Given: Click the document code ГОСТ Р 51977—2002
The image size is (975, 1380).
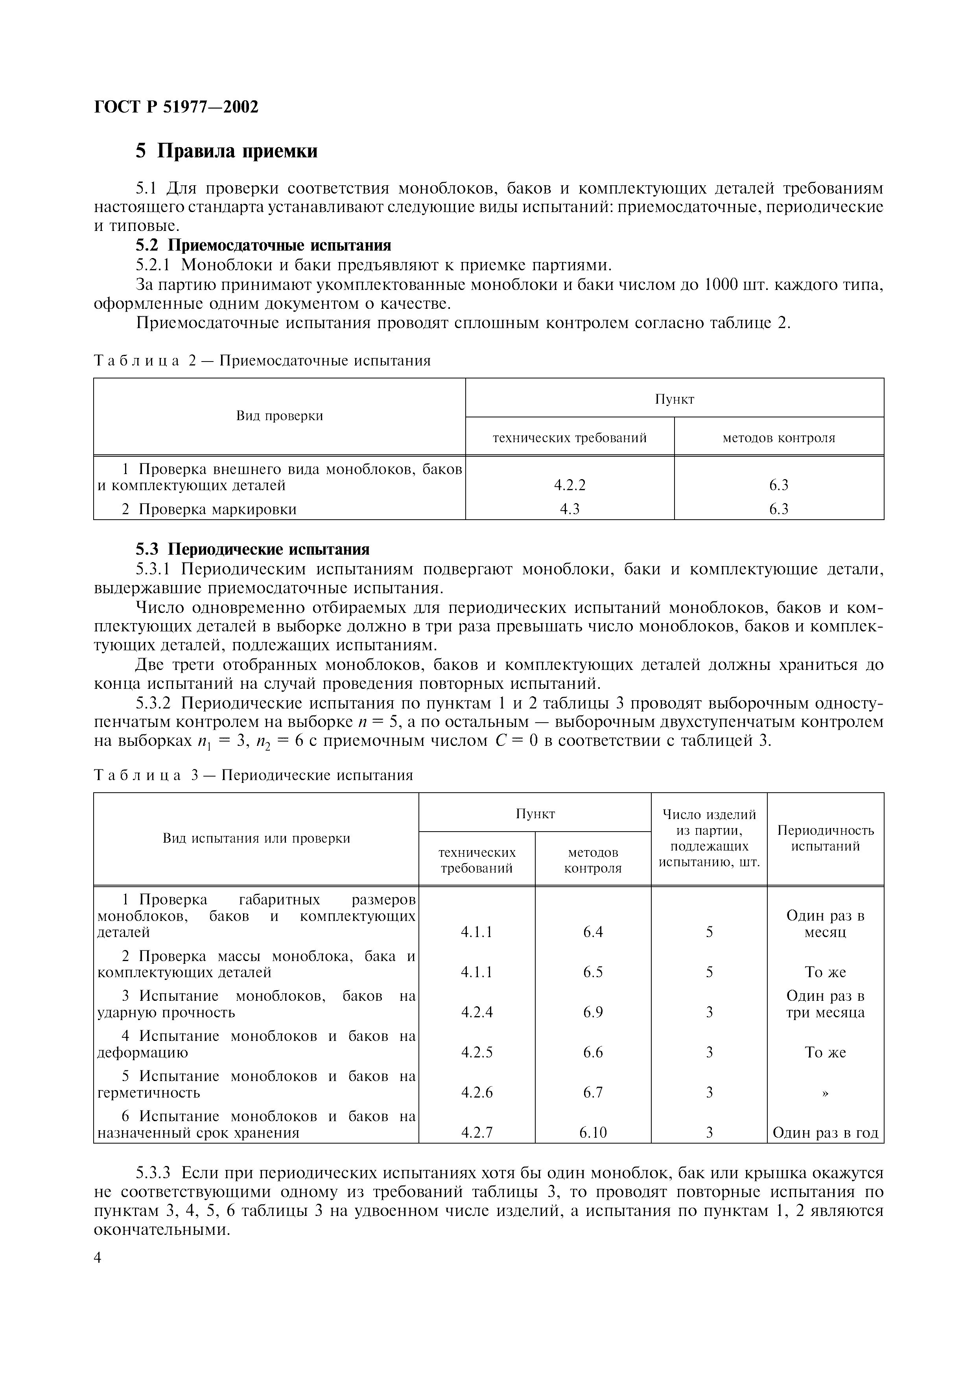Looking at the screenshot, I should pyautogui.click(x=176, y=107).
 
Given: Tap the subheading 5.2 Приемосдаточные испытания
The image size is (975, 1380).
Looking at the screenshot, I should pyautogui.click(x=263, y=245).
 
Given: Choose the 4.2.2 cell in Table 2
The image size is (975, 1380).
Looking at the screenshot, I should pyautogui.click(x=570, y=485).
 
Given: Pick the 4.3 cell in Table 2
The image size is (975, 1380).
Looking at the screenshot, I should pyautogui.click(x=570, y=509).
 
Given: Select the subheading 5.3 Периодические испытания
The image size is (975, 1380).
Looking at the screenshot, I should pyautogui.click(x=253, y=549).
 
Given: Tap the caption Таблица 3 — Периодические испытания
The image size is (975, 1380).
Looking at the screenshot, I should pyautogui.click(x=254, y=775).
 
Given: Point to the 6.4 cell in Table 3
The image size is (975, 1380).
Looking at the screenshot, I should pyautogui.click(x=593, y=932).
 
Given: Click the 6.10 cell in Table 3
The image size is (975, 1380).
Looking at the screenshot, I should pyautogui.click(x=593, y=1133).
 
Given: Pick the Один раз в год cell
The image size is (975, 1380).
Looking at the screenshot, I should pyautogui.click(x=826, y=1133).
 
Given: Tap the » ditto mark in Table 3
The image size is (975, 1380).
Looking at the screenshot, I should pyautogui.click(x=826, y=1093).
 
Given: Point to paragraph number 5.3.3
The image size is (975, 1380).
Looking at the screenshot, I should pyautogui.click(x=154, y=1173).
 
